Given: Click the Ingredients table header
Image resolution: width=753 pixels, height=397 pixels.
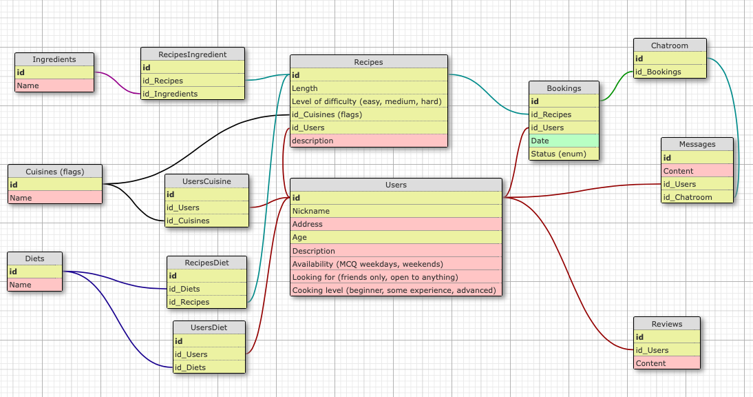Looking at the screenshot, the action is (x=54, y=59).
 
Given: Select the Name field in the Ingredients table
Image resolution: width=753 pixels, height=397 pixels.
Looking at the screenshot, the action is (x=54, y=85).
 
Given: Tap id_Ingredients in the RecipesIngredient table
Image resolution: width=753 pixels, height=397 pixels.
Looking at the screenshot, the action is (x=193, y=94).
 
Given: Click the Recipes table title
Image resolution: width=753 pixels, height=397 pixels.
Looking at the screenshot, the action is (x=369, y=62).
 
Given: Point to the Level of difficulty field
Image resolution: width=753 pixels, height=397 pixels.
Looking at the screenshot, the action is (x=369, y=101).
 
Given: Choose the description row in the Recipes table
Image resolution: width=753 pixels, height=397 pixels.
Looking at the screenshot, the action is (x=369, y=141).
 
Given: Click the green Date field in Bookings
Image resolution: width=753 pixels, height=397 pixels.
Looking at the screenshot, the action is (x=564, y=141).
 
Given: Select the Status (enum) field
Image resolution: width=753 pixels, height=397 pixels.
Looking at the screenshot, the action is (x=564, y=154).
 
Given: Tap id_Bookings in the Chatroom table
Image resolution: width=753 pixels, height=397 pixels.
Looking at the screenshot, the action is (x=670, y=72).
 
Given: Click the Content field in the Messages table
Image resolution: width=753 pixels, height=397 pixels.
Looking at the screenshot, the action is (x=697, y=171).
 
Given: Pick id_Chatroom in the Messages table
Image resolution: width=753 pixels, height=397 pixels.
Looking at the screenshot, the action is (x=697, y=197).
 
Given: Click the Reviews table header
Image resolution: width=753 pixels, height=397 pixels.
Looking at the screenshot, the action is (x=667, y=324).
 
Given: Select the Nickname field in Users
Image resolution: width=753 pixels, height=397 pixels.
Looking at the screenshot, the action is (x=396, y=211).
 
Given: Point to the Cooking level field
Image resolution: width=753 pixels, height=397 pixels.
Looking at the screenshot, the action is (x=396, y=290).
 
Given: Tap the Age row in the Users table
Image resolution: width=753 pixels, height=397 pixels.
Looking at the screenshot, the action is (x=396, y=237).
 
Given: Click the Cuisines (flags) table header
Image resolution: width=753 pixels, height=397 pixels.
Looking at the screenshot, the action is (x=55, y=172).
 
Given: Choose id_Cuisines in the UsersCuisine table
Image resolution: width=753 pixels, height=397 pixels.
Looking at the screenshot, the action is (x=207, y=221).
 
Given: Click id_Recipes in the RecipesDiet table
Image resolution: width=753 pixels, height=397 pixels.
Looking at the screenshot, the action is (x=207, y=302).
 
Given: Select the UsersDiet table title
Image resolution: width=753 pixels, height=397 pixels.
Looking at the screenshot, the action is (x=209, y=328).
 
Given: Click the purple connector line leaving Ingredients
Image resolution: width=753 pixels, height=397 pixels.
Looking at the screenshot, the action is (x=118, y=83).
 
